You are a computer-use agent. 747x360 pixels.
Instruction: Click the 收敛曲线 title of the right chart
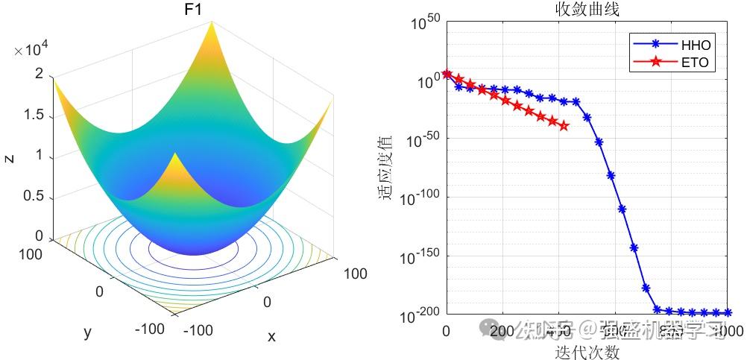click(587, 10)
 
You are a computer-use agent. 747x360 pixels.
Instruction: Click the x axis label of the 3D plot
click(271, 337)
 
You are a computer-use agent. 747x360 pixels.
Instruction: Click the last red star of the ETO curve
click(564, 126)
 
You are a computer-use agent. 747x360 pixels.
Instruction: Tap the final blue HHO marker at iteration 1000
click(728, 313)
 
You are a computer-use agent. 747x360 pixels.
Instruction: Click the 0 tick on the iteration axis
click(446, 331)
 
